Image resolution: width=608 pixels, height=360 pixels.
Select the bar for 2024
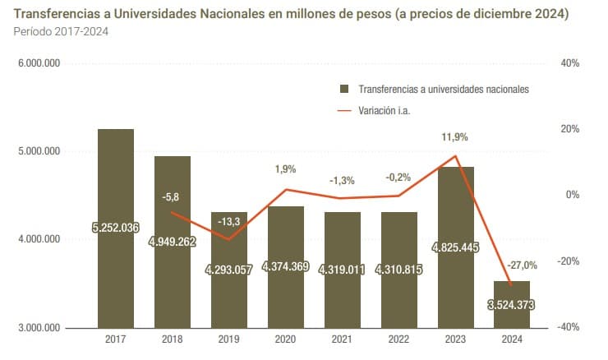(511, 303)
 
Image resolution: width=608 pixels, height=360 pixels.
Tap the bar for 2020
(286, 266)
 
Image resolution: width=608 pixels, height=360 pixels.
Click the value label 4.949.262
(173, 242)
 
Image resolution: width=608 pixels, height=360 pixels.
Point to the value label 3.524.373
(511, 305)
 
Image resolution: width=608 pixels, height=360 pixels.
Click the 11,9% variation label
(454, 137)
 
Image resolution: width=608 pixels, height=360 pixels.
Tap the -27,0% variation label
(522, 265)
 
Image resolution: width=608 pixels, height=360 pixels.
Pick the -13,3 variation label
(229, 222)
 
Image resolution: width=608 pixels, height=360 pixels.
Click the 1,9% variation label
(285, 169)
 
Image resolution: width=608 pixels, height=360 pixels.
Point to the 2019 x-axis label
(229, 338)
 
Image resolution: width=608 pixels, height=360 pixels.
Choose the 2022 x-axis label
(398, 338)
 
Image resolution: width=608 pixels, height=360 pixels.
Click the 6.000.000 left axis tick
(39, 63)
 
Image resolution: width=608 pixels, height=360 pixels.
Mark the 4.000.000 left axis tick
(39, 240)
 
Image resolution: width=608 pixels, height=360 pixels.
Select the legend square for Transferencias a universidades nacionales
(344, 89)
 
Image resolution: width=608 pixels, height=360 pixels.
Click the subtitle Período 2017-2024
(61, 31)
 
